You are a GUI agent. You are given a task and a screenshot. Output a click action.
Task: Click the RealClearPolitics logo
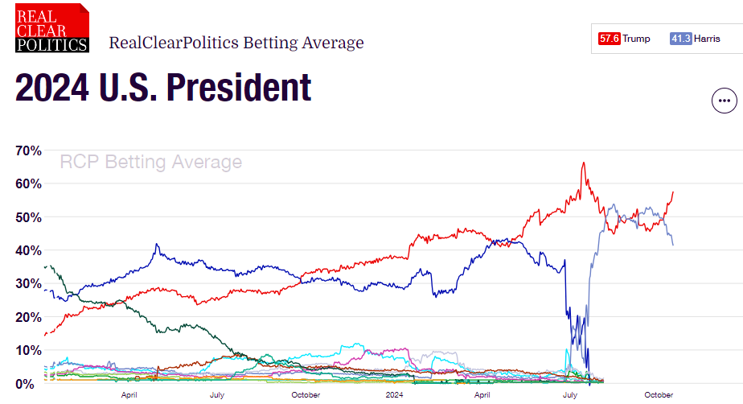coord(52,27)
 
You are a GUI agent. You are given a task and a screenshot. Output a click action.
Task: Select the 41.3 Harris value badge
coord(681,39)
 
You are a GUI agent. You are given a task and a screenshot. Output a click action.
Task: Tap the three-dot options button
coord(725,101)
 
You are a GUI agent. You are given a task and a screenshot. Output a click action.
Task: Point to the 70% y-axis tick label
coord(30,150)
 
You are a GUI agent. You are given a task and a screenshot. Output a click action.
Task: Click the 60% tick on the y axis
coord(30,183)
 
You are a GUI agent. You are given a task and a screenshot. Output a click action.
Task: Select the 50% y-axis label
coord(30,217)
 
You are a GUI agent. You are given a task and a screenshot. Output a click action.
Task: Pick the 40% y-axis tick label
coord(30,250)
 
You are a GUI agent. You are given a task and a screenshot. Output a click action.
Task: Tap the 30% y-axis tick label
coord(30,283)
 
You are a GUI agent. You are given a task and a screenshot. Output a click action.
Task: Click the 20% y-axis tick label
coord(30,317)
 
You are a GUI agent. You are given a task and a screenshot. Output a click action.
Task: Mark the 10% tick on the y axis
coord(30,350)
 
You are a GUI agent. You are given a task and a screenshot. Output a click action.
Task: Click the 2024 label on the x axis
coord(394,395)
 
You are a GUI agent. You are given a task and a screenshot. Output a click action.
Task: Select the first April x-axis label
coord(129,395)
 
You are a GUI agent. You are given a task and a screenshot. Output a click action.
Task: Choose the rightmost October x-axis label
coord(659,395)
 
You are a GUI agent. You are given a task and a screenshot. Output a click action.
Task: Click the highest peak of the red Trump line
coord(583,163)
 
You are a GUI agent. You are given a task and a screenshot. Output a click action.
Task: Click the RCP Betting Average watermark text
coord(151,163)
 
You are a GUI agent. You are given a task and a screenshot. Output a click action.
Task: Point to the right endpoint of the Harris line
coord(673,245)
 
